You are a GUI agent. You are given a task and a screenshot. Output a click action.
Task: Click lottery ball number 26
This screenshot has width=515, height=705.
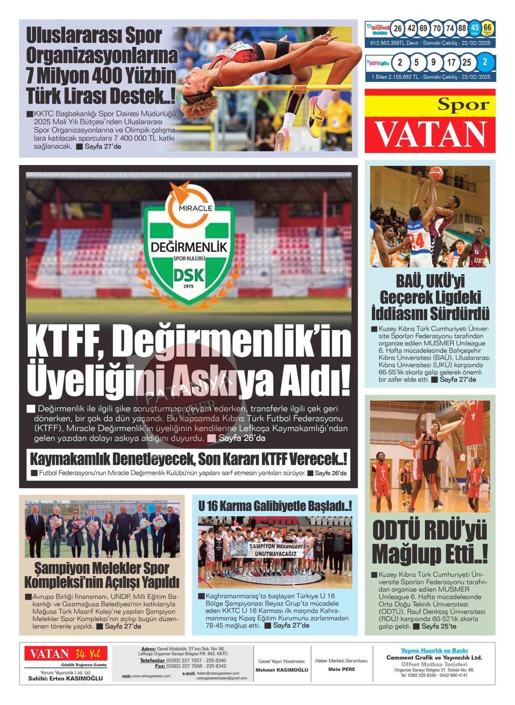pos(398,28)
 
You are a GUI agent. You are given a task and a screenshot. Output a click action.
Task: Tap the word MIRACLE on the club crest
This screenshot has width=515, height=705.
pos(189,208)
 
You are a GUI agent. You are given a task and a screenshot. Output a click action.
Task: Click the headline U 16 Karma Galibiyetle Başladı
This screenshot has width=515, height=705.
pos(275,506)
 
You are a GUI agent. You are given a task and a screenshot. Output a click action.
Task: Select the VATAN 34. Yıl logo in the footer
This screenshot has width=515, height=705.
pos(65,654)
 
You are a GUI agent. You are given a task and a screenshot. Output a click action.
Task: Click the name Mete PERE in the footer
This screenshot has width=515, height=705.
pos(342,669)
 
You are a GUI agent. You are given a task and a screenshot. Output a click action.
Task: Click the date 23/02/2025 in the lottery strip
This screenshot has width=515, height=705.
pos(476,77)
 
